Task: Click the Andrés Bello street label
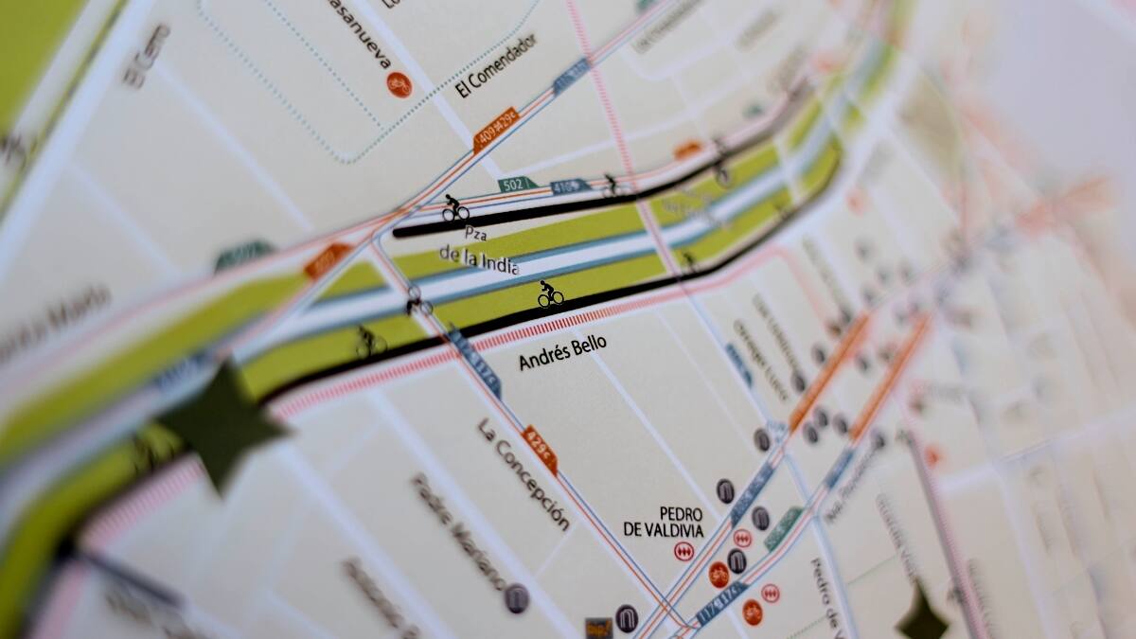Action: click(562, 352)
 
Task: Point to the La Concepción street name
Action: click(524, 474)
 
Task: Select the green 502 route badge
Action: click(517, 184)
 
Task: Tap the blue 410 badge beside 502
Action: click(568, 186)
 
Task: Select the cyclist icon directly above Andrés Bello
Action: click(550, 294)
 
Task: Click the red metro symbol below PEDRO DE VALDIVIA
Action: click(683, 552)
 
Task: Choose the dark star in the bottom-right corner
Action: click(923, 615)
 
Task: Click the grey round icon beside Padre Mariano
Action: click(516, 597)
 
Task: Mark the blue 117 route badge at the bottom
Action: click(719, 600)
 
